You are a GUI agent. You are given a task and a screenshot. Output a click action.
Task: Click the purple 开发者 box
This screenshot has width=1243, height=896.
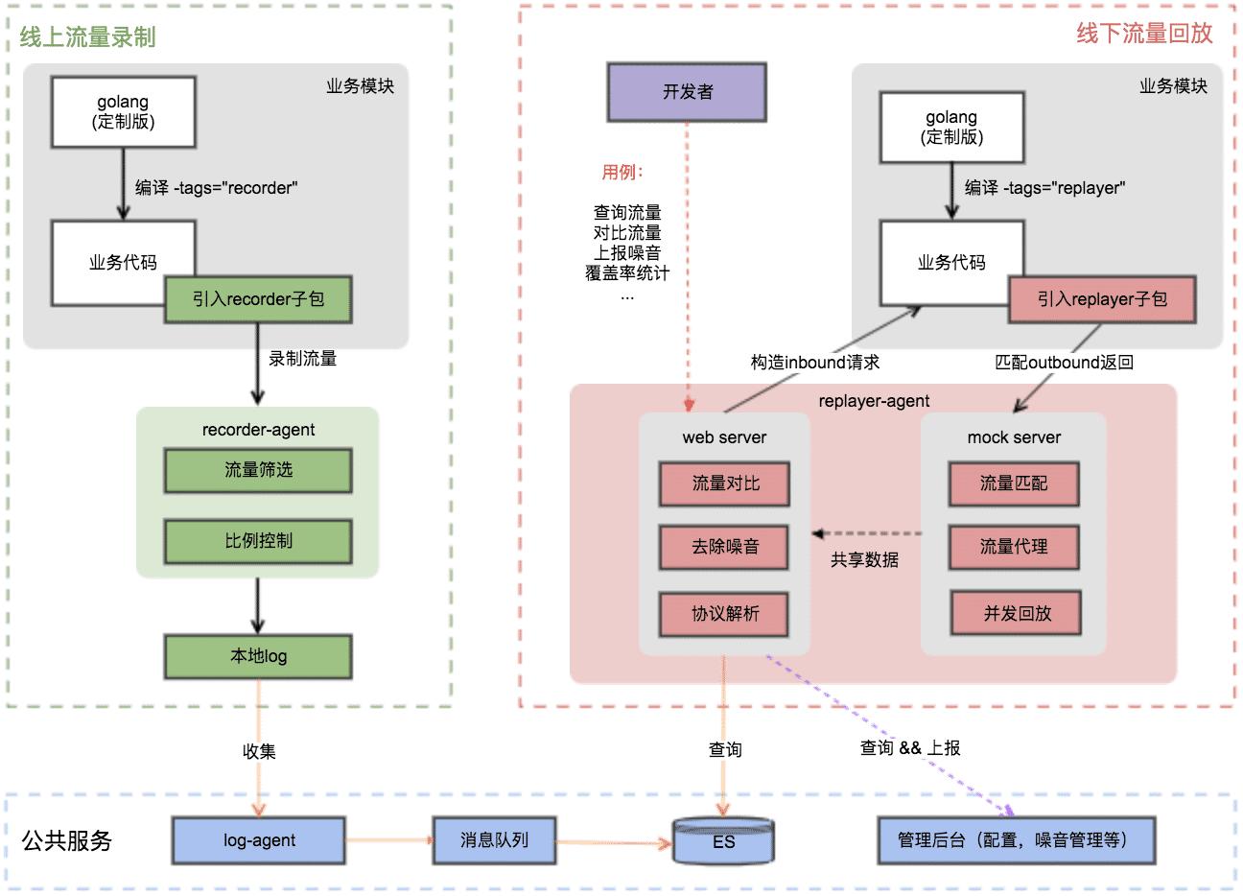tap(687, 92)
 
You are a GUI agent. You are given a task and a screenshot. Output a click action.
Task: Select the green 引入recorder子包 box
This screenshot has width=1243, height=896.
tap(258, 299)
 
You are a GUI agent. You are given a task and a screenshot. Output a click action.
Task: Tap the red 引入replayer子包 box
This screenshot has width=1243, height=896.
tap(1102, 299)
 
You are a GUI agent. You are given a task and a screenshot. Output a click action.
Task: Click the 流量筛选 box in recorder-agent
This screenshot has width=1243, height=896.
tap(258, 470)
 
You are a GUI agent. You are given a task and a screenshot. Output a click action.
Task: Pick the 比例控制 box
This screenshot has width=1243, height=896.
tap(258, 541)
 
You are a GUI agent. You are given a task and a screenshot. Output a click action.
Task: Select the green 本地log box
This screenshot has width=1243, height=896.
tap(258, 656)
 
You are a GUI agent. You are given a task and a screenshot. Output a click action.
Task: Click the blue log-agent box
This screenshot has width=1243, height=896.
tap(259, 840)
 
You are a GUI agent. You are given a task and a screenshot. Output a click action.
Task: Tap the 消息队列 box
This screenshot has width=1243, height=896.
tap(494, 840)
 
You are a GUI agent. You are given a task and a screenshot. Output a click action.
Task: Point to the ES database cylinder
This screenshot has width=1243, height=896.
tap(723, 841)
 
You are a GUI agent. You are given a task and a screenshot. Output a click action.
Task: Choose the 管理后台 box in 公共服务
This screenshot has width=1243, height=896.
tap(1017, 840)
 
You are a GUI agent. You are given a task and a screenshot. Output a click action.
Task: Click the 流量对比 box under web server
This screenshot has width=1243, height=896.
tap(725, 483)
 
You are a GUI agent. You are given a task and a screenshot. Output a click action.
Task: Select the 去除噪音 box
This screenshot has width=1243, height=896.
tap(725, 547)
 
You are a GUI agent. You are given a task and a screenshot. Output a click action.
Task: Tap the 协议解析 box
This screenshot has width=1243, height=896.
tap(725, 614)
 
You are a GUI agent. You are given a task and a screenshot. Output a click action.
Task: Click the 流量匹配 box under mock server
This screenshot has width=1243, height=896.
tap(1014, 483)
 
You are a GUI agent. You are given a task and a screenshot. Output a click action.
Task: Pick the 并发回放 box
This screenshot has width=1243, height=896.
tap(1017, 614)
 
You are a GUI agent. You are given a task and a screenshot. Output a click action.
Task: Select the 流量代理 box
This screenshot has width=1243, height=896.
tap(1014, 547)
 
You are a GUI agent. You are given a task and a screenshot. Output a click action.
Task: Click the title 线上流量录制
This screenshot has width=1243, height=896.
tap(87, 37)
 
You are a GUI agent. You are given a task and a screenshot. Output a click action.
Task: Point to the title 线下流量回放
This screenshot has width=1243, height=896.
tap(1144, 34)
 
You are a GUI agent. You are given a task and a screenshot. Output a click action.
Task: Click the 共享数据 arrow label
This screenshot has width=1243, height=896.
tap(864, 560)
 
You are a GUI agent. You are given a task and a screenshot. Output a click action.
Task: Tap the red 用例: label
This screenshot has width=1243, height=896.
tap(622, 173)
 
